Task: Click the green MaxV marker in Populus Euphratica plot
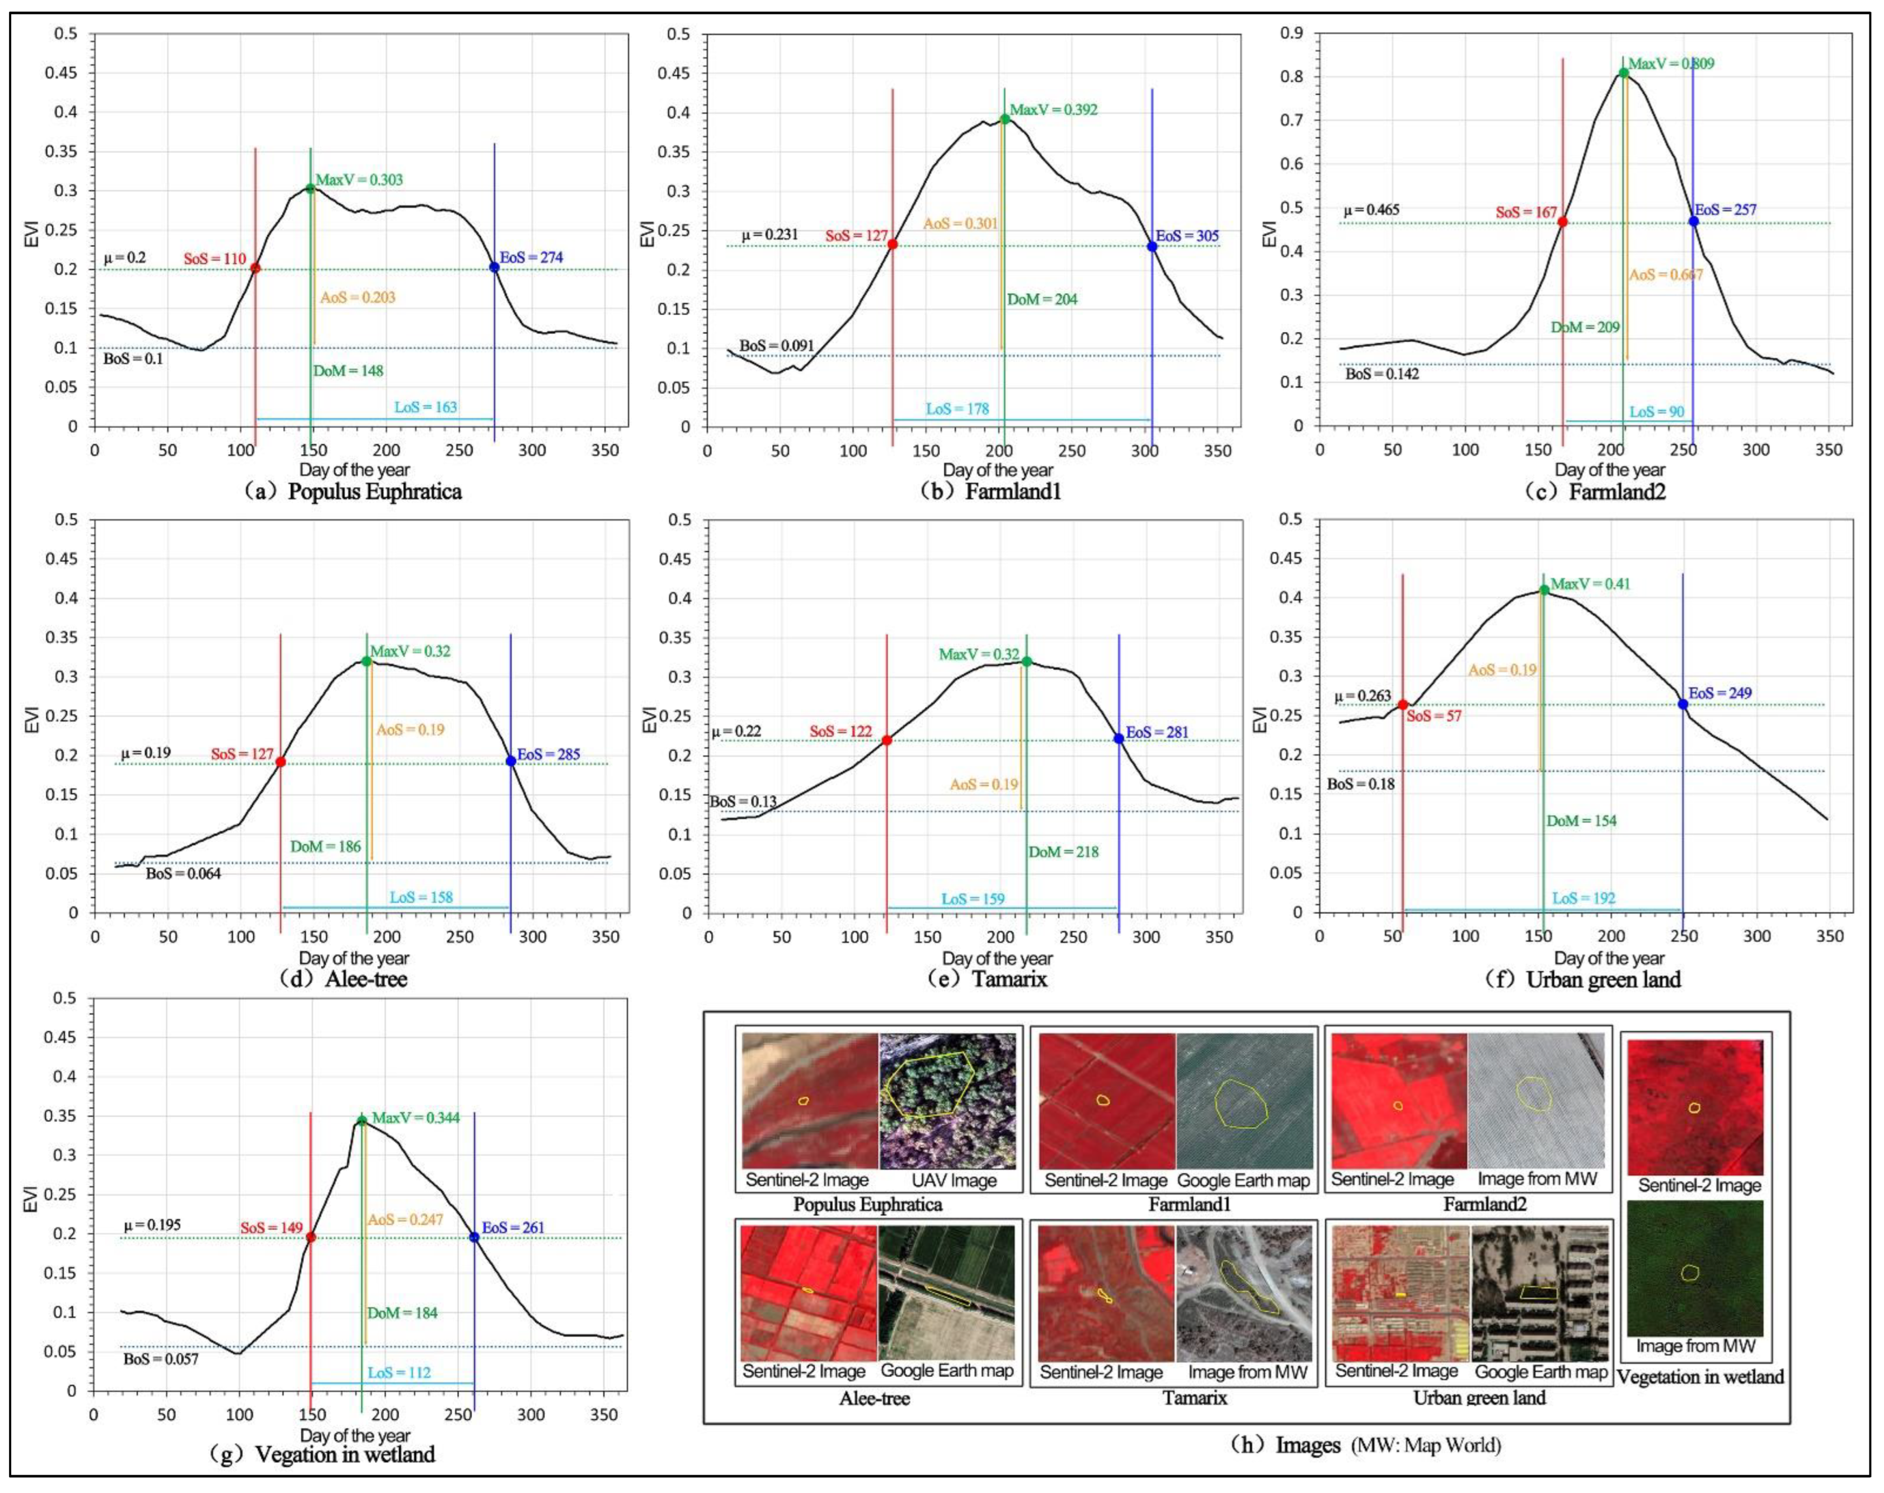pos(310,188)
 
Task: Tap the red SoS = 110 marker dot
pos(255,268)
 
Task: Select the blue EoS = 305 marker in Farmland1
pos(1152,246)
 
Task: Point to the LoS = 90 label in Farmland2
pos(1657,412)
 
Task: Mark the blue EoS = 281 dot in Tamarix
pos(1119,738)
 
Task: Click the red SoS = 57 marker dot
pos(1403,704)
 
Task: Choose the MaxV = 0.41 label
pos(1590,584)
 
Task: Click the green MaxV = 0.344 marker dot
pos(362,1121)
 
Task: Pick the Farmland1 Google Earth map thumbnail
pos(1244,1101)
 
